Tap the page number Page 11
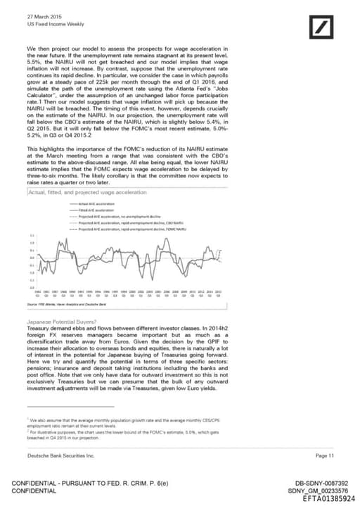(324, 455)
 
